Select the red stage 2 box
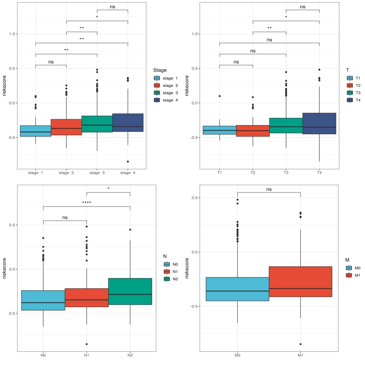(x=66, y=127)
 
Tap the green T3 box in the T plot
(x=286, y=125)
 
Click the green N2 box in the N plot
(x=130, y=291)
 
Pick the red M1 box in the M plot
(x=300, y=282)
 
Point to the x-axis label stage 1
(x=35, y=173)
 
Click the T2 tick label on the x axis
(x=253, y=173)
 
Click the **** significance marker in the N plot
(x=86, y=202)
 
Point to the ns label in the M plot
(x=269, y=189)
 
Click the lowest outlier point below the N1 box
(x=86, y=344)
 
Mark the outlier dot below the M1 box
(x=300, y=344)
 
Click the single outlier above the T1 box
(x=219, y=96)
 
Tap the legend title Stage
(x=160, y=70)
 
